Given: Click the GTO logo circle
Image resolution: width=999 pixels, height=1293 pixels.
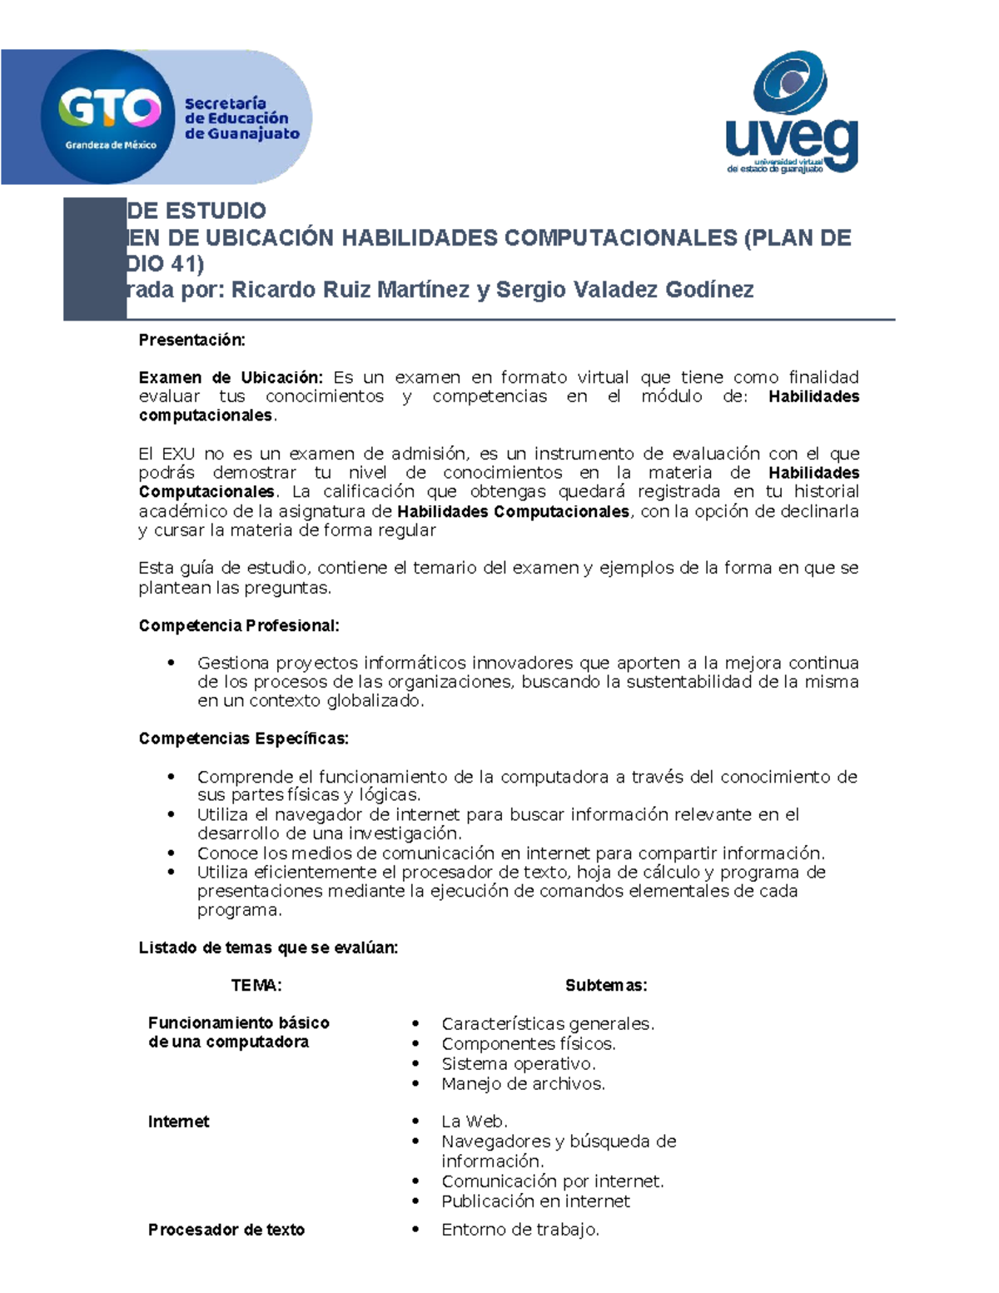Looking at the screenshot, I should (109, 117).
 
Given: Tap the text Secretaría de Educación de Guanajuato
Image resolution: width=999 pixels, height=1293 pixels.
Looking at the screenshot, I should (241, 118).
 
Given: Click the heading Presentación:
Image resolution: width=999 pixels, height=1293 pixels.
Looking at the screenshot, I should (191, 340).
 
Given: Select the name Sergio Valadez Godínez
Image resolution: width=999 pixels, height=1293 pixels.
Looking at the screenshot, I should (624, 290).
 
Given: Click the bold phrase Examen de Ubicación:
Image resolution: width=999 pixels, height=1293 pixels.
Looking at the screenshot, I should (230, 378).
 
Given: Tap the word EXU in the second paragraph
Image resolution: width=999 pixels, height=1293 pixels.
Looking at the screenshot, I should (178, 454).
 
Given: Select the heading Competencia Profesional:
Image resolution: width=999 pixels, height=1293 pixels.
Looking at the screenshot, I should (238, 625).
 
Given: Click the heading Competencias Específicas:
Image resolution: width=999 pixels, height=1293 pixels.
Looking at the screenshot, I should (243, 739).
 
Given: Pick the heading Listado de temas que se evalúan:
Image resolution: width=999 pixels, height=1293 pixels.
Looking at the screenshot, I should (268, 947).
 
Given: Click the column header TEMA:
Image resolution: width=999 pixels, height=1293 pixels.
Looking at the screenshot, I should (256, 986).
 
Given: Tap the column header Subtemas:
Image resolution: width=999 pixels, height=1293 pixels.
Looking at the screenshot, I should (606, 986).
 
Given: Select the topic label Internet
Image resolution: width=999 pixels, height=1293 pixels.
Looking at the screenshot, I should (178, 1121).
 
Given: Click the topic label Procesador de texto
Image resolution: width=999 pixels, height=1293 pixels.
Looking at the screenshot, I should (226, 1230).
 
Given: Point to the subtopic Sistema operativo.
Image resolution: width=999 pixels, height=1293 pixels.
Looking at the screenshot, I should (518, 1064).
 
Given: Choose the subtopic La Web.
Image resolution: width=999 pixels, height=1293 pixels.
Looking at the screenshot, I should (474, 1121).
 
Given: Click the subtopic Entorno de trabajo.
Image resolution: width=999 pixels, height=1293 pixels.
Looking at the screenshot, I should (519, 1230).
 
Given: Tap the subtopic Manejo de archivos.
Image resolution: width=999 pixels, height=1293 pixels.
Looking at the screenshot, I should (523, 1084).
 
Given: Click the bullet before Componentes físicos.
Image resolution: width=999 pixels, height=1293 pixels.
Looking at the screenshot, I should (415, 1044).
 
